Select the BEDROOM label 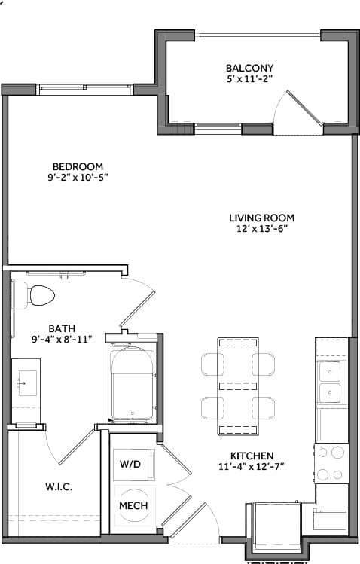pos(78,166)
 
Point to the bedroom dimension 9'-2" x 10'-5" pos(78,178)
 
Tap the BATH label pos(61,328)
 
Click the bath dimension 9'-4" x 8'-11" pos(61,340)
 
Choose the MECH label pos(133,505)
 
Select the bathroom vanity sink pos(24,383)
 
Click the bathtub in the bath pos(133,383)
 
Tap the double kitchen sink pos(329,382)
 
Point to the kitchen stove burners pos(329,463)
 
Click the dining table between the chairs pos(238,386)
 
